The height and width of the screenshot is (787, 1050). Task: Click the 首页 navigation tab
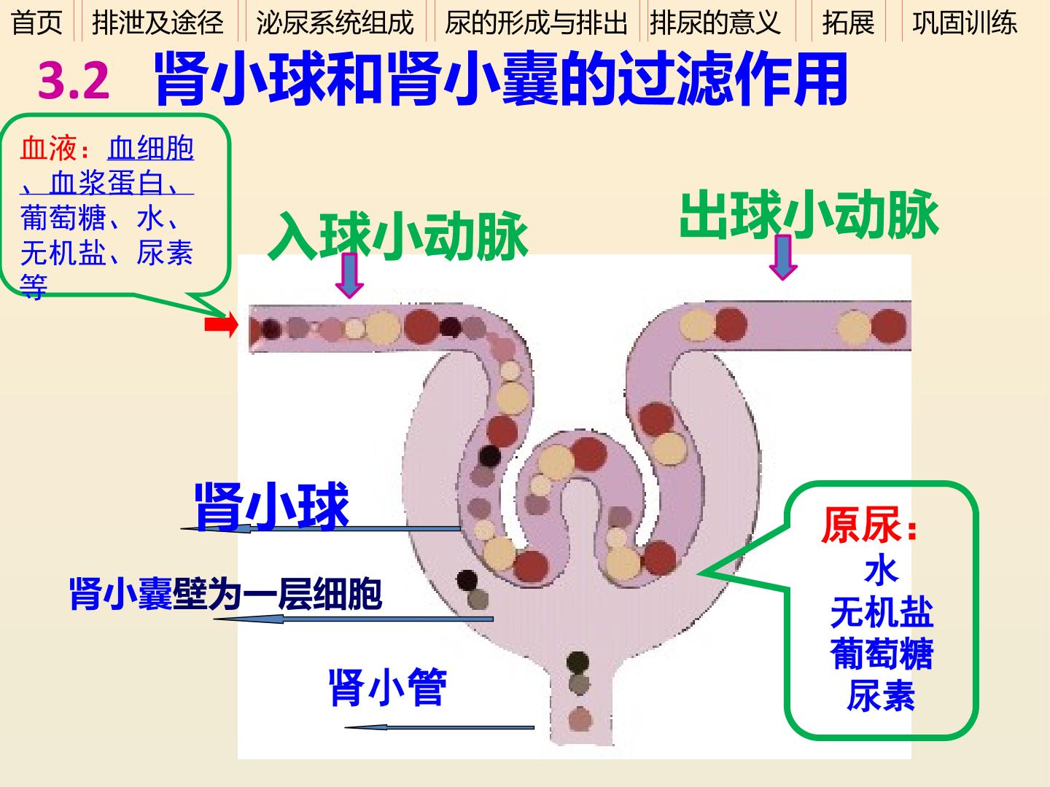click(x=36, y=23)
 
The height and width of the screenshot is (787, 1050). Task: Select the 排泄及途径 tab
click(x=157, y=23)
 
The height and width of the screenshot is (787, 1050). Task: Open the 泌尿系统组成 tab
click(x=335, y=23)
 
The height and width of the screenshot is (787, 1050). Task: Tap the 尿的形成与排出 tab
click(x=536, y=23)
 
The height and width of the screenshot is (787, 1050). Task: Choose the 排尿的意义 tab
click(x=715, y=23)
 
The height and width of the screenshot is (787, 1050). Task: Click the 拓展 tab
click(x=848, y=23)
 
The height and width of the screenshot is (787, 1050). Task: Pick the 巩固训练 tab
click(x=965, y=23)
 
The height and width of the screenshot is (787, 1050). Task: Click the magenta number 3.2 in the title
click(x=74, y=81)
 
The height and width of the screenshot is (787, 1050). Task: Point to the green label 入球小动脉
click(x=398, y=235)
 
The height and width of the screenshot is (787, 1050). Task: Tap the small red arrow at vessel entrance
click(x=221, y=325)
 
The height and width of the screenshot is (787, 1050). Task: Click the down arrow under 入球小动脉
click(x=349, y=275)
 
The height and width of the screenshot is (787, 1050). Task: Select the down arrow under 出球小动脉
click(x=783, y=257)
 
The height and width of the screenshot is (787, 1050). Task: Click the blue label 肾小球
click(x=272, y=506)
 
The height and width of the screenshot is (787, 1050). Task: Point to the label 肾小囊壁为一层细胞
click(x=226, y=594)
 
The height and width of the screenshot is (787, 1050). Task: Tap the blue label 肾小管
click(x=387, y=688)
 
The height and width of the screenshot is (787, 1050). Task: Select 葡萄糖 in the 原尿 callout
click(x=882, y=653)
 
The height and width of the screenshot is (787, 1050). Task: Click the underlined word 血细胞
click(x=151, y=148)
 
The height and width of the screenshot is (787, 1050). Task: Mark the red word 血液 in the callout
click(x=48, y=148)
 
